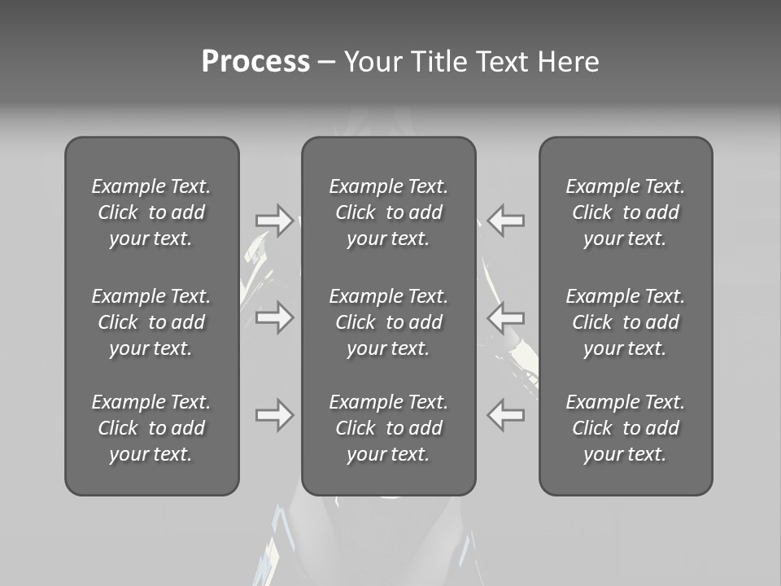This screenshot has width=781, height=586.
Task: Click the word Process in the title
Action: click(255, 62)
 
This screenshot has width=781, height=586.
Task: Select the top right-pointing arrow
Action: click(274, 220)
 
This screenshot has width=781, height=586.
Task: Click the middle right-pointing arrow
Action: click(274, 317)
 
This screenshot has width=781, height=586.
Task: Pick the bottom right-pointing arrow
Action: click(274, 415)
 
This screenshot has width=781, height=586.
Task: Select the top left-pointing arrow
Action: click(506, 220)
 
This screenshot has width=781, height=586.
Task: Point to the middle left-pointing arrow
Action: click(506, 317)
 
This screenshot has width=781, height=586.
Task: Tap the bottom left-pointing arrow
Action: click(506, 415)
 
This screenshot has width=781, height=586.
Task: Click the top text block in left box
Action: click(151, 212)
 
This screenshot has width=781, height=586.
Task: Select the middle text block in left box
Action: click(151, 322)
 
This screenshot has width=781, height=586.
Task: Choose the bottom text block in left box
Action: click(151, 428)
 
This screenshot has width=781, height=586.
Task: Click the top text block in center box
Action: click(389, 212)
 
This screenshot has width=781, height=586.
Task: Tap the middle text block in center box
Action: click(389, 322)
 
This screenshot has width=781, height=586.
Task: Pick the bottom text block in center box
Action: click(389, 428)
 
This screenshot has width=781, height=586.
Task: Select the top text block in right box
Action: click(626, 212)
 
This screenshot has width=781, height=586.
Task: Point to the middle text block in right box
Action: click(626, 322)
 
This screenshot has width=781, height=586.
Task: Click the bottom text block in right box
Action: click(626, 428)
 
